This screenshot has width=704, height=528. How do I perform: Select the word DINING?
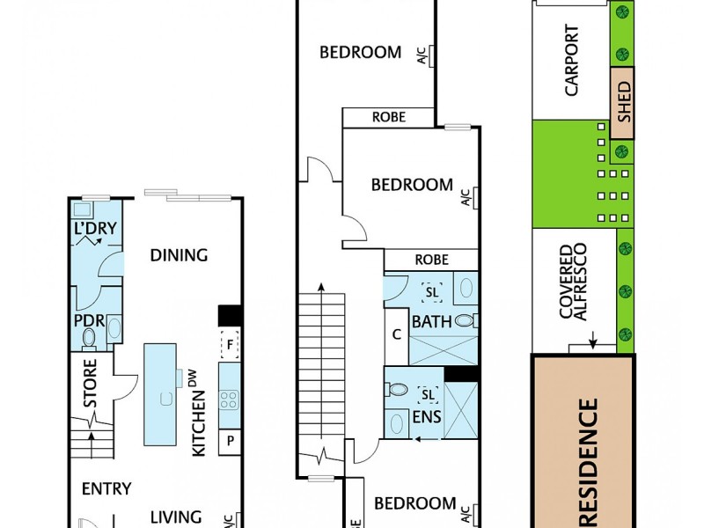[179, 255]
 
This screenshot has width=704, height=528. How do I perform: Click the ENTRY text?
[106, 488]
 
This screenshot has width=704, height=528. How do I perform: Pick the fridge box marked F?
[231, 344]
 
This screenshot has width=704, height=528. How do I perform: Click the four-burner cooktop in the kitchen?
[230, 399]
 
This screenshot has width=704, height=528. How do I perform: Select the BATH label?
[431, 322]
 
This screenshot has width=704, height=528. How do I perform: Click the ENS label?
[427, 416]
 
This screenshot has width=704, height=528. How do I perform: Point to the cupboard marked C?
[397, 334]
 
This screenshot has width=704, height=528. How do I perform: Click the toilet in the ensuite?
[398, 389]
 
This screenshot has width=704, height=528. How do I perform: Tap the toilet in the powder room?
[88, 338]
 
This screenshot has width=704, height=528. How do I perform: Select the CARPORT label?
[572, 61]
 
